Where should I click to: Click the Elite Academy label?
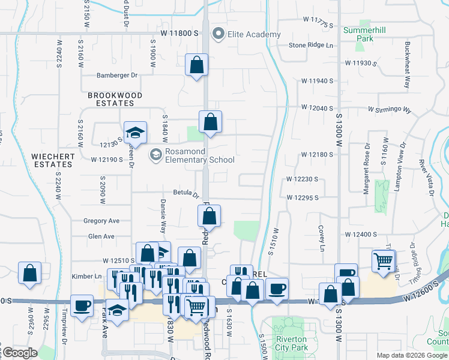(253, 34)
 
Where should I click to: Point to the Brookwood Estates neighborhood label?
(115, 99)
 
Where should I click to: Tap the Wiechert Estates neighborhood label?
(54, 160)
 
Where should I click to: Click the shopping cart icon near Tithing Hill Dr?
(383, 260)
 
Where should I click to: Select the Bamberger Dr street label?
(117, 76)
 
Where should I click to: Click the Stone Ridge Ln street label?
(311, 45)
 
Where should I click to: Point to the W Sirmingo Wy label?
(390, 110)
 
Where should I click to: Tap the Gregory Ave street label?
(101, 221)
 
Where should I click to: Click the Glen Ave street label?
(101, 236)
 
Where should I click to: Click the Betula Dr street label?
(186, 193)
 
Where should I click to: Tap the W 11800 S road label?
(179, 34)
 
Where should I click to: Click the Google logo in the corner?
(20, 353)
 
